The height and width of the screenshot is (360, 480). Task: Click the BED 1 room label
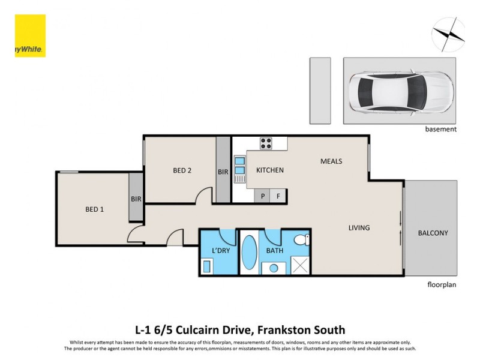point(94,209)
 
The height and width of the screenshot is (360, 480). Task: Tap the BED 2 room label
point(182,170)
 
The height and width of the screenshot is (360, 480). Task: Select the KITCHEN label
point(270,170)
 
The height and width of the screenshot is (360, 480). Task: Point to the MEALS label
point(331,161)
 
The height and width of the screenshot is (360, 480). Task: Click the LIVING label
point(359,228)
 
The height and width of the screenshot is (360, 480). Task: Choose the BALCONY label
point(433,233)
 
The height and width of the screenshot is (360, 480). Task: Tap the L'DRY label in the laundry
point(221,251)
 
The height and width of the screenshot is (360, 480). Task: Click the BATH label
point(275,251)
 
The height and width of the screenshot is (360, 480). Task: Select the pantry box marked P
point(262,196)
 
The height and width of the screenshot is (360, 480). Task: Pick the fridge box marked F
point(278,196)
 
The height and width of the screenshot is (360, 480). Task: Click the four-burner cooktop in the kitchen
point(266,143)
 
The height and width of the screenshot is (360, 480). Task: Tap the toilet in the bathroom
point(304,241)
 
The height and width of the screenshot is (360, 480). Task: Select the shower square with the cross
point(300,264)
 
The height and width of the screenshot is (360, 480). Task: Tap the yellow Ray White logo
point(30,36)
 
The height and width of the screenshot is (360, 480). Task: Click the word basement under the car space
point(441,129)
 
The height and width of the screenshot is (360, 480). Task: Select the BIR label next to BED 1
point(136,199)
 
